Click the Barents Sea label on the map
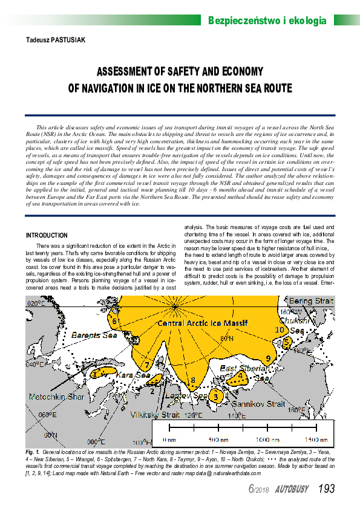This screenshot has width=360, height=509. [94, 334]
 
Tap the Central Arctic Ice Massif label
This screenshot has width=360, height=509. [202, 324]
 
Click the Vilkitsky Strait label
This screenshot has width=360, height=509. [155, 415]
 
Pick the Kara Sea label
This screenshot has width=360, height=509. [133, 375]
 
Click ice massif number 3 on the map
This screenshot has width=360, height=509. [215, 397]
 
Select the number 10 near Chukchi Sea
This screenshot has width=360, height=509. [280, 330]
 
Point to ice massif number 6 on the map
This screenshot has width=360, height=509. [114, 320]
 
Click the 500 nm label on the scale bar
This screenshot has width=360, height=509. [218, 439]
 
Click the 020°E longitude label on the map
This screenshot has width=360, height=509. [35, 303]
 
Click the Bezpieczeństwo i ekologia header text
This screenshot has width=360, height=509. [267, 21]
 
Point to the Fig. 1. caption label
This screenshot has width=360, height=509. [33, 452]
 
